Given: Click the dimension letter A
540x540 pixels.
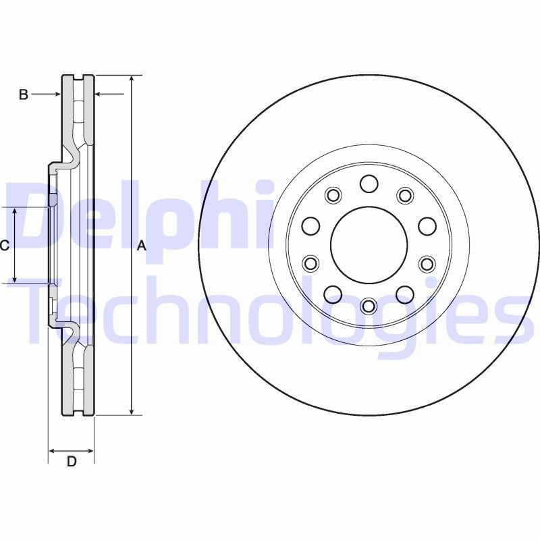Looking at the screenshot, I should tap(141, 246).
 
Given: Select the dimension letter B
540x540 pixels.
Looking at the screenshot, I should tap(23, 95).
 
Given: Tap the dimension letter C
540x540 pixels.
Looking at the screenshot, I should tap(4, 246).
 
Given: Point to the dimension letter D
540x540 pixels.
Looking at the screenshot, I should tap(71, 462).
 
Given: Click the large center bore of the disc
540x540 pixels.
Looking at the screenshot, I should tap(369, 244).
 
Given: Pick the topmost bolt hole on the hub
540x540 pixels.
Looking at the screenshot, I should tap(369, 184).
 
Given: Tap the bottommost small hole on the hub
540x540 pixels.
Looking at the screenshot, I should tap(369, 306).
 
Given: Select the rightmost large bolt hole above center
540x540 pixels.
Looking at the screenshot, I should tap(427, 225).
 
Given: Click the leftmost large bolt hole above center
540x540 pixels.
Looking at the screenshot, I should tap(310, 225).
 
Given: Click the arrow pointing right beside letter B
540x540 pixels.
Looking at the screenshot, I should tap(57, 94).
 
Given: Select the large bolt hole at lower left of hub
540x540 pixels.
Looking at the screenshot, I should tap(333, 294).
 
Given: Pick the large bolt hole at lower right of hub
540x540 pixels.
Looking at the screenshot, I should tap(404, 294).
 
